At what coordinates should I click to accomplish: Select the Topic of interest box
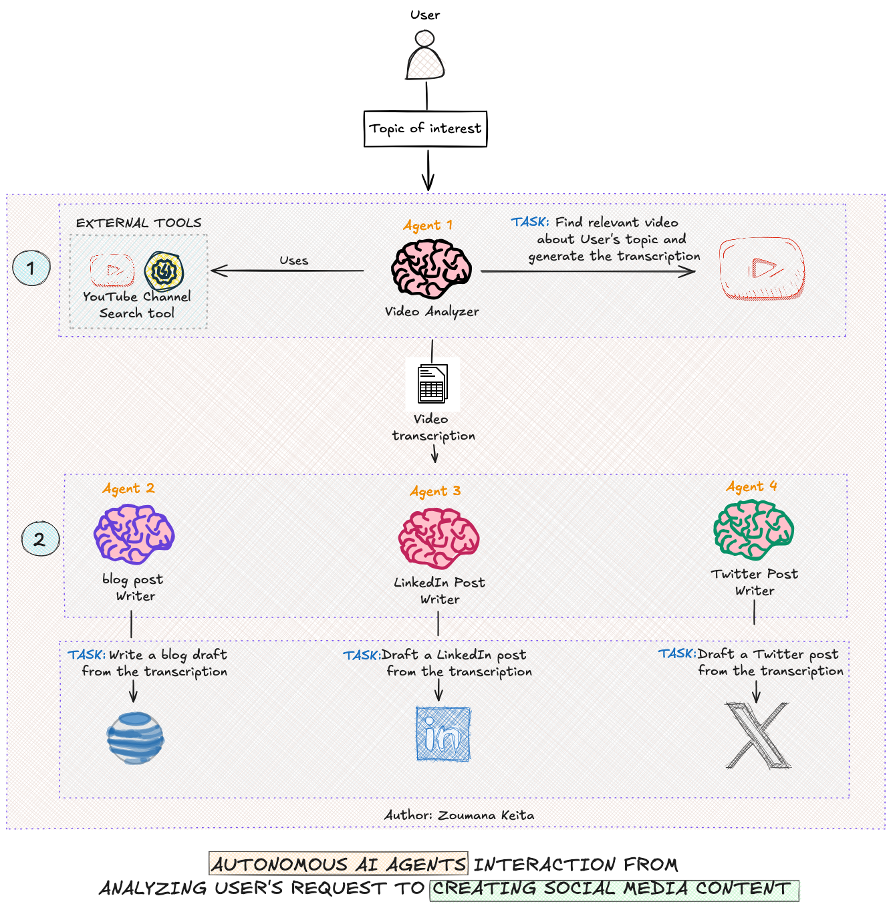coord(425,129)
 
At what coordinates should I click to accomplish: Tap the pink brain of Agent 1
coord(431,269)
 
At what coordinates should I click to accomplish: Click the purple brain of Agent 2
coord(134,534)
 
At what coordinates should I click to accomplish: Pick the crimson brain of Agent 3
coord(438,538)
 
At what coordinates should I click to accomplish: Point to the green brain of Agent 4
coord(753,529)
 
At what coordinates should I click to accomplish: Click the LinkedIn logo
coord(443,734)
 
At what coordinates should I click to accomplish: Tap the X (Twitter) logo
coord(757,735)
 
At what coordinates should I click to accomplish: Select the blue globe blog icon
coord(135,738)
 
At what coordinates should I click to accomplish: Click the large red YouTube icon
coord(762,269)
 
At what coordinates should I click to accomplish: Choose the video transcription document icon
coord(432,384)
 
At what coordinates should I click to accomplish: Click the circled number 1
coord(31,269)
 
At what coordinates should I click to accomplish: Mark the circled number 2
coord(40,539)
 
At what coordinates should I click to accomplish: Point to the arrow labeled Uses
coord(287,271)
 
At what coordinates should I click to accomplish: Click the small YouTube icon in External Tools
coord(112,270)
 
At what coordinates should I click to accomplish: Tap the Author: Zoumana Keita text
coord(459,815)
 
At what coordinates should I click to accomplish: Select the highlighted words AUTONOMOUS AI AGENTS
coord(338,865)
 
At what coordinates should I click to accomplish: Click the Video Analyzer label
coord(432,311)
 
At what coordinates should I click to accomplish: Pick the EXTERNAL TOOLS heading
coord(138,223)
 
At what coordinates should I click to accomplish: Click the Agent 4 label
coord(751,486)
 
